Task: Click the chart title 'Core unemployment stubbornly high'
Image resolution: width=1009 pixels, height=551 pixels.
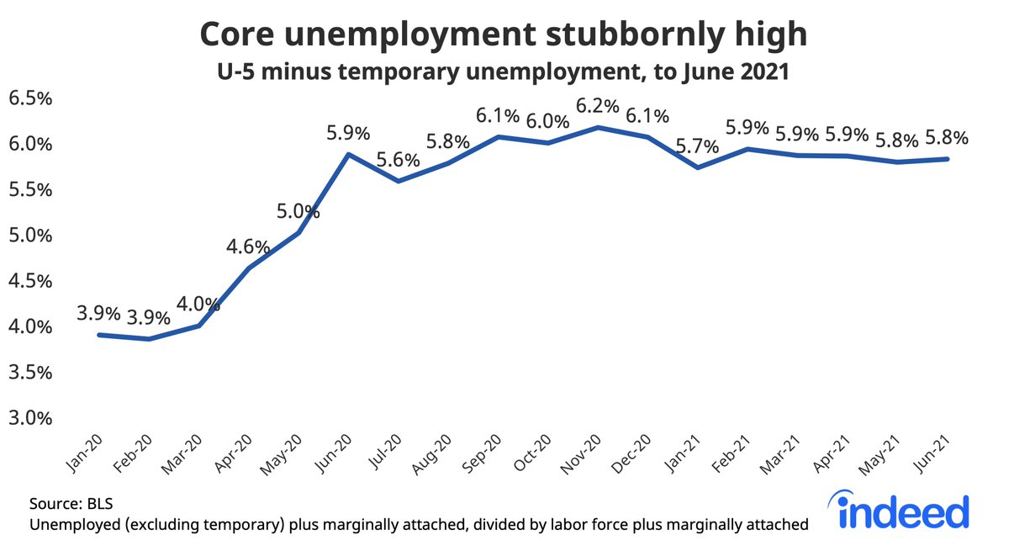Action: [x=504, y=34]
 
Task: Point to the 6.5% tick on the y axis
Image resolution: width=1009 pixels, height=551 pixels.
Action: [x=30, y=98]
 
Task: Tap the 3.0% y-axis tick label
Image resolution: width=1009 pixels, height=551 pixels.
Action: [x=30, y=418]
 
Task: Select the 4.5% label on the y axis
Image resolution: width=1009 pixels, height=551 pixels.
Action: [x=30, y=281]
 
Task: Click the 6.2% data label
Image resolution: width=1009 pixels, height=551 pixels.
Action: [x=597, y=108]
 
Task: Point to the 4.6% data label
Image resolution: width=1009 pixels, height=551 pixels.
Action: [x=248, y=247]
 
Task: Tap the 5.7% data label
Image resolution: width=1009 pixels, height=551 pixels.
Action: [x=697, y=146]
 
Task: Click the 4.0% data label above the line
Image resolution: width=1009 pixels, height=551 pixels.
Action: [x=198, y=305]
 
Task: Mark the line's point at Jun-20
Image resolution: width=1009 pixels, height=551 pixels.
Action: [x=347, y=154]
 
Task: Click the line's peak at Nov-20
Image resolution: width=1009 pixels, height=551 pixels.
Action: [x=597, y=127]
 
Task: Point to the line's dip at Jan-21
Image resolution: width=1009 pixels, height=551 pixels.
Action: [x=696, y=167]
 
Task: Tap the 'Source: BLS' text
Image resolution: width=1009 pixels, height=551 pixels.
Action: [x=71, y=504]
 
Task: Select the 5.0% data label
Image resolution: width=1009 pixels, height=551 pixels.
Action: [x=298, y=211]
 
